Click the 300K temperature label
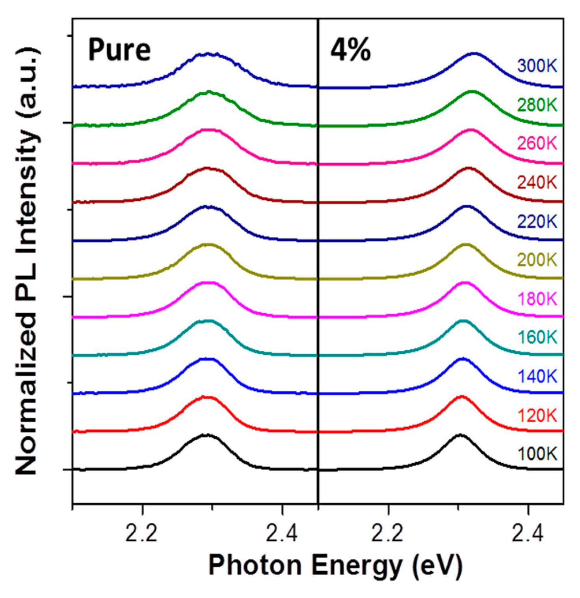click(537, 66)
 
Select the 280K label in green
click(537, 105)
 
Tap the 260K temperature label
click(537, 143)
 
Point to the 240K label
click(537, 182)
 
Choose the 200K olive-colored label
click(537, 260)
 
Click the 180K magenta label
click(537, 299)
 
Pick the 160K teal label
click(537, 337)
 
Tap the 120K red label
click(537, 415)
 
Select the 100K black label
click(537, 454)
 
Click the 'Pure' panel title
click(119, 50)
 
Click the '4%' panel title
click(350, 50)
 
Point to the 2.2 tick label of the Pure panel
click(142, 533)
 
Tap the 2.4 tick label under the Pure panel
click(282, 533)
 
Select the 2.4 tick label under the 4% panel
click(528, 533)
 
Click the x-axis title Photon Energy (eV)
click(335, 565)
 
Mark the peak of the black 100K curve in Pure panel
click(206, 435)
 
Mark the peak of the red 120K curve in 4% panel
click(462, 396)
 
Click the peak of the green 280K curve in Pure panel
click(208, 92)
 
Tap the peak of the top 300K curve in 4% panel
click(474, 53)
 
